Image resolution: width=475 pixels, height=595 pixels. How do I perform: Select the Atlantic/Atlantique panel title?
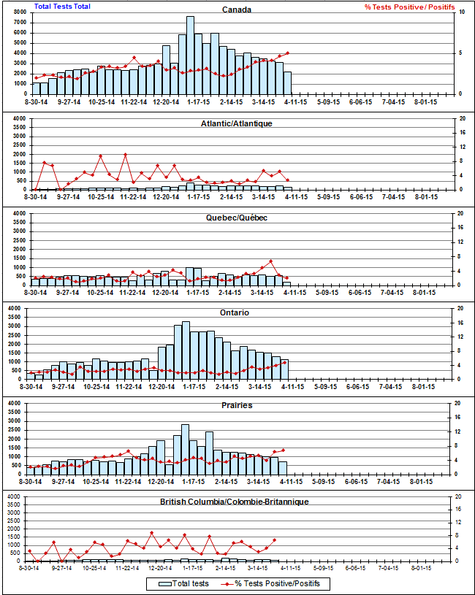237,123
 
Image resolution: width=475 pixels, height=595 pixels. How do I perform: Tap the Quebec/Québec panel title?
237,218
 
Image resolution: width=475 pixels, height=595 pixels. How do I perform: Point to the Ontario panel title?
237,312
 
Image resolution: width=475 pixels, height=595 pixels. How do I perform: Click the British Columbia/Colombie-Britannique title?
234,502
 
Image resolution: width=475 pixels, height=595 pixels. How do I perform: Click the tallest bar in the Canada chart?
190,55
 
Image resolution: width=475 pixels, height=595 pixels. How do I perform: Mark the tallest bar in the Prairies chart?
186,449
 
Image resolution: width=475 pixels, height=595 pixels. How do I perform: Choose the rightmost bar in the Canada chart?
288,83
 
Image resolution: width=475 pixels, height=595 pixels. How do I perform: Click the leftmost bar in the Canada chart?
37,88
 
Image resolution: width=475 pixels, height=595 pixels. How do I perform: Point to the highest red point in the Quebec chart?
271,261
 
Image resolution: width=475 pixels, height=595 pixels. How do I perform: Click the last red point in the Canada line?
288,53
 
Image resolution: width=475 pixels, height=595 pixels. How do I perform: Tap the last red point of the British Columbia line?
274,540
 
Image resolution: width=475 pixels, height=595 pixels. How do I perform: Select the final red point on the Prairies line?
283,450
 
